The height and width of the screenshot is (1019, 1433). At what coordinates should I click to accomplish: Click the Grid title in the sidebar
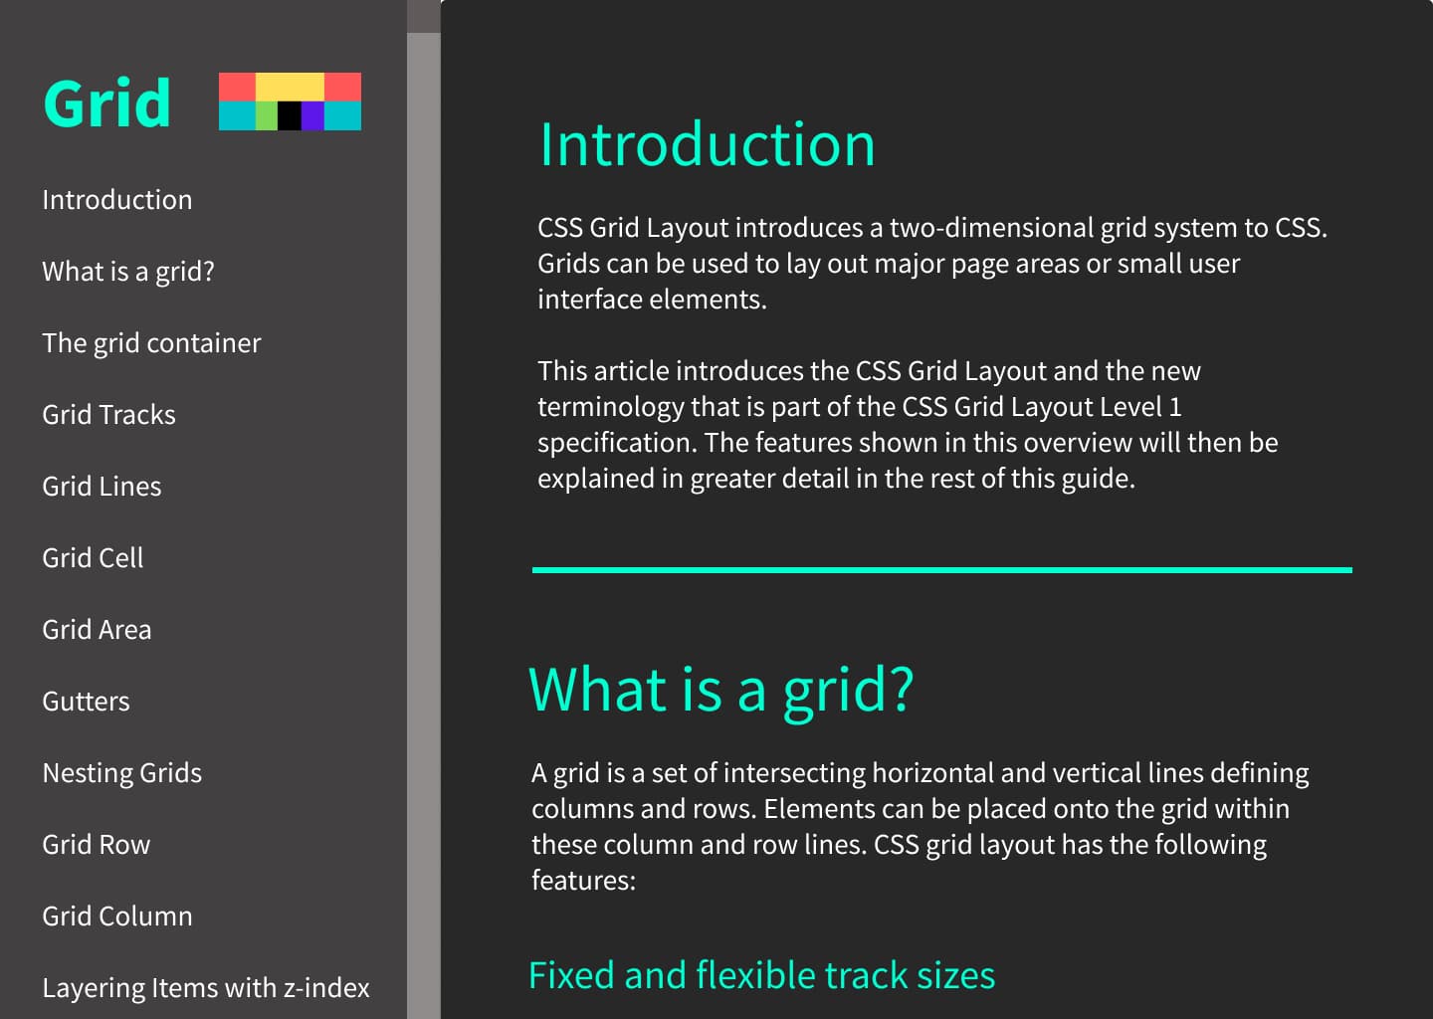coord(106,102)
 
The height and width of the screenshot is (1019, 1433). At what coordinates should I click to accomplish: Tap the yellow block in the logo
coord(290,87)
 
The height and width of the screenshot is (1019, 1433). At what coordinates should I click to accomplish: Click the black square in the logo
coord(289,115)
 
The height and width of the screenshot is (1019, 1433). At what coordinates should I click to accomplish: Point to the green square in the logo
coord(266,115)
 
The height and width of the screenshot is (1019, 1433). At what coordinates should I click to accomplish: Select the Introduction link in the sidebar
coord(117,200)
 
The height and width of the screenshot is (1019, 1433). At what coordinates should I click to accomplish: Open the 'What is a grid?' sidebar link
coord(128,272)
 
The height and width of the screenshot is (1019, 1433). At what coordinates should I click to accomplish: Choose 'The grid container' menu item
coord(151,343)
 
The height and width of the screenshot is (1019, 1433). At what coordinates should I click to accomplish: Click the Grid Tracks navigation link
coord(108,415)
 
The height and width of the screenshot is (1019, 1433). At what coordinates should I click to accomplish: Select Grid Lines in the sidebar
coord(102,487)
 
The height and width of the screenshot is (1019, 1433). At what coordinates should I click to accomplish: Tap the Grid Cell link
coord(93,558)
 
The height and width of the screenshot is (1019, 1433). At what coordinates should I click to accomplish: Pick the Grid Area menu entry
coord(97,630)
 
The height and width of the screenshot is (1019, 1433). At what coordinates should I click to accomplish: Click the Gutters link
coord(86,702)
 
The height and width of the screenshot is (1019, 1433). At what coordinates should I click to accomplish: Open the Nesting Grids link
coord(121,773)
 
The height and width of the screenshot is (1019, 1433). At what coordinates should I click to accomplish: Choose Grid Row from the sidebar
coord(96,845)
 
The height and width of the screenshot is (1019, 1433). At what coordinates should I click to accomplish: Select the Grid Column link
coord(117,917)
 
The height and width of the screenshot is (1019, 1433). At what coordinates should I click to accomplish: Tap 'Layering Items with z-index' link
coord(206,988)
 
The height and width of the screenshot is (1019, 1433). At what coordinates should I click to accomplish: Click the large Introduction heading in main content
coord(707,145)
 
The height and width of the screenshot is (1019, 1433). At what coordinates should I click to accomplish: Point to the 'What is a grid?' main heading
coord(720,690)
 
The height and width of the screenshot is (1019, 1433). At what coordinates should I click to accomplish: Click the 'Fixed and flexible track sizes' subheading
coord(761,975)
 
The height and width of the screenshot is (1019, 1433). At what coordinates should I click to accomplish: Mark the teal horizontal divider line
coord(941,570)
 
